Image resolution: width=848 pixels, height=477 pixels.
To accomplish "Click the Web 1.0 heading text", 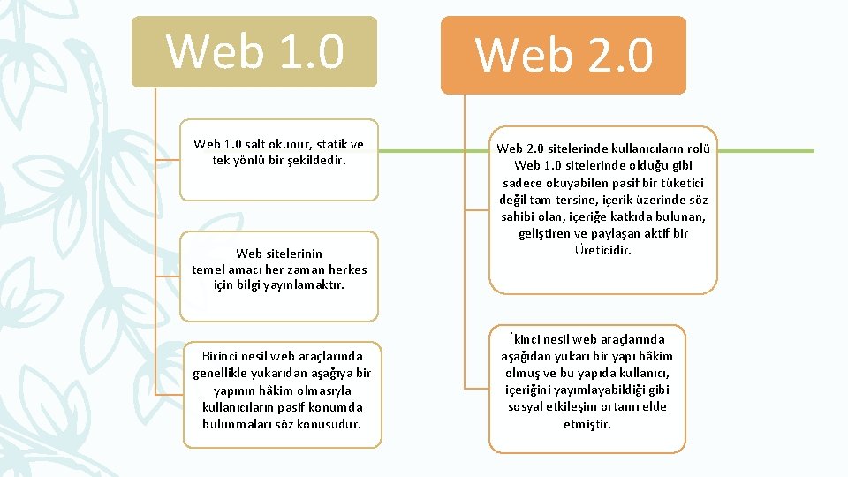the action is pyautogui.click(x=254, y=50).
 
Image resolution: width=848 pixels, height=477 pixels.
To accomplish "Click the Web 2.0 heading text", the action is pyautogui.click(x=564, y=55).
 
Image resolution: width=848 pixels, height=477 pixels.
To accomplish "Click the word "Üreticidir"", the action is pyautogui.click(x=603, y=250).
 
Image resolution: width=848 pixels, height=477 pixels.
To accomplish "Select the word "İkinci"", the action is pyautogui.click(x=527, y=339).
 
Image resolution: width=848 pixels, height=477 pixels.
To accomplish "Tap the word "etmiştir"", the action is pyautogui.click(x=587, y=424).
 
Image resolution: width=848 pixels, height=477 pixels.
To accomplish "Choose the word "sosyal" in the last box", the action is pyautogui.click(x=526, y=406).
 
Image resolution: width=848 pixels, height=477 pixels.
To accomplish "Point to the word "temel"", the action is pyautogui.click(x=211, y=269).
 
